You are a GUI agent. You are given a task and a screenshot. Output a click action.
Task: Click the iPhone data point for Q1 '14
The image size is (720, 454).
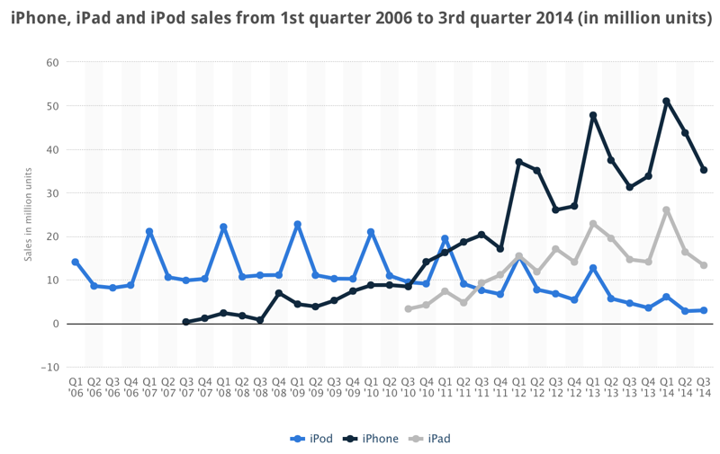(666, 102)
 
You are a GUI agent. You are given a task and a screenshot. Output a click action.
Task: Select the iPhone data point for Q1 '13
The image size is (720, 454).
(593, 115)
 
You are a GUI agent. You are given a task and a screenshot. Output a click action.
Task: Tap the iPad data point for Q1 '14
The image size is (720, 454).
(666, 210)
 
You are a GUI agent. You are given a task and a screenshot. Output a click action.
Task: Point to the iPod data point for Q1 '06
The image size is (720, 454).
(76, 262)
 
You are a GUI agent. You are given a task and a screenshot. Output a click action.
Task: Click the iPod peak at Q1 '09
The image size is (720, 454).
(297, 225)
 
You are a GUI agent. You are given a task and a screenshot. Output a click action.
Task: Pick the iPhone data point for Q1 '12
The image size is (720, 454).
(519, 162)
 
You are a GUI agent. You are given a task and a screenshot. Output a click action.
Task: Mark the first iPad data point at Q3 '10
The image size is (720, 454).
(409, 308)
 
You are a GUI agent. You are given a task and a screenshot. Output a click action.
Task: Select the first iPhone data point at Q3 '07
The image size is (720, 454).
(186, 321)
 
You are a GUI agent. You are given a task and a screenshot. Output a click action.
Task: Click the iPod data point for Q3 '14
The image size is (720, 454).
(704, 310)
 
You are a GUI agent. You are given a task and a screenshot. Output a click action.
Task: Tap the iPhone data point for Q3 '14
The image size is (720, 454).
(704, 170)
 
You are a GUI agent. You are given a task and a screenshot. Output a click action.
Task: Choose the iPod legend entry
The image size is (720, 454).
(311, 439)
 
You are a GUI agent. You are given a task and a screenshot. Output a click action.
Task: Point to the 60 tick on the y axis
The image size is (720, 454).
(52, 63)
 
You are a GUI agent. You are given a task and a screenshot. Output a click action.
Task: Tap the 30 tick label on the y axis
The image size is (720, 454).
(52, 193)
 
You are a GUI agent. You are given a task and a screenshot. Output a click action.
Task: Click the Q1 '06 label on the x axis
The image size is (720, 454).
(76, 387)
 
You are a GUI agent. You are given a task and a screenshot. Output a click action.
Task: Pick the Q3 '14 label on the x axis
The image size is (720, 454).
(704, 387)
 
